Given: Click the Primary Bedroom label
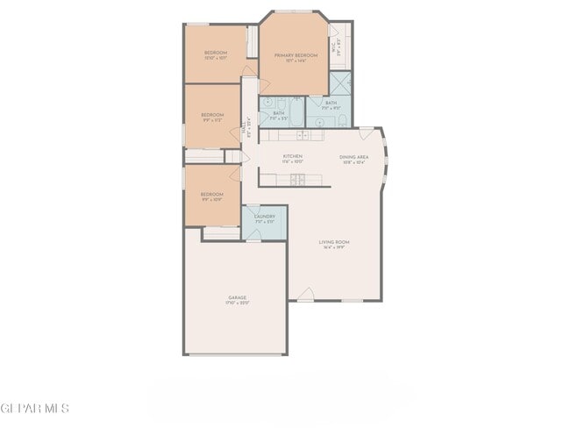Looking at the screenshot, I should tap(295, 55).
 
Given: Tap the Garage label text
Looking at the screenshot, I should tap(237, 297).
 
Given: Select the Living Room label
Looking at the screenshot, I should tap(334, 242).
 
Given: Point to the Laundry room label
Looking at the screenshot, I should tap(265, 216).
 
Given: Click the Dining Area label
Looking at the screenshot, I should tap(354, 156).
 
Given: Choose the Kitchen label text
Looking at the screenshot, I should tap(292, 156).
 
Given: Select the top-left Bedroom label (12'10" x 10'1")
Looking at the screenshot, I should tap(216, 53).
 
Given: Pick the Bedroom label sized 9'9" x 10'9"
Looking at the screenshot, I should tap(211, 194).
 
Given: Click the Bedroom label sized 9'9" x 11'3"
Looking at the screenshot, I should tap(212, 115).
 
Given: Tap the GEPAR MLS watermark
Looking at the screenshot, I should tap(34, 409).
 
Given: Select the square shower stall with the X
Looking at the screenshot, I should tap(340, 83).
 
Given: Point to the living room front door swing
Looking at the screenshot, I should tap(304, 293).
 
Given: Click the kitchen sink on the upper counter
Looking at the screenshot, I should tap(301, 135).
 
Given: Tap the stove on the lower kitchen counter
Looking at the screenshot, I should tap(297, 179).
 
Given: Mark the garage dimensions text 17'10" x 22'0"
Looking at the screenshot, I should tap(237, 303).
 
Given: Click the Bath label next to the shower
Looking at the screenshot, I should tap(331, 103).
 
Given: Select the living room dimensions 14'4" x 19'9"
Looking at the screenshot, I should tap(334, 248).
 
